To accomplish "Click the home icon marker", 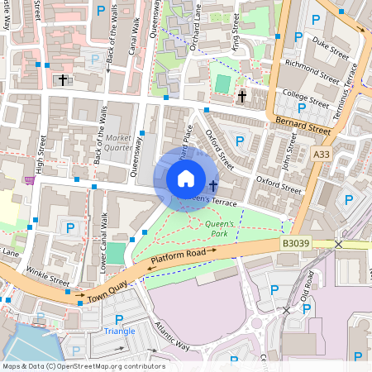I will pyautogui.click(x=186, y=178).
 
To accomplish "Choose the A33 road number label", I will pyautogui.click(x=323, y=154).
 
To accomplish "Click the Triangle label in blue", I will pyautogui.click(x=119, y=331).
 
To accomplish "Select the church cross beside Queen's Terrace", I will pyautogui.click(x=213, y=185).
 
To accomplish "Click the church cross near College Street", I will pyautogui.click(x=242, y=97).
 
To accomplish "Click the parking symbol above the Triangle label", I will pyautogui.click(x=119, y=319).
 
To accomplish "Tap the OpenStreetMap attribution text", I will pyautogui.click(x=83, y=366).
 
